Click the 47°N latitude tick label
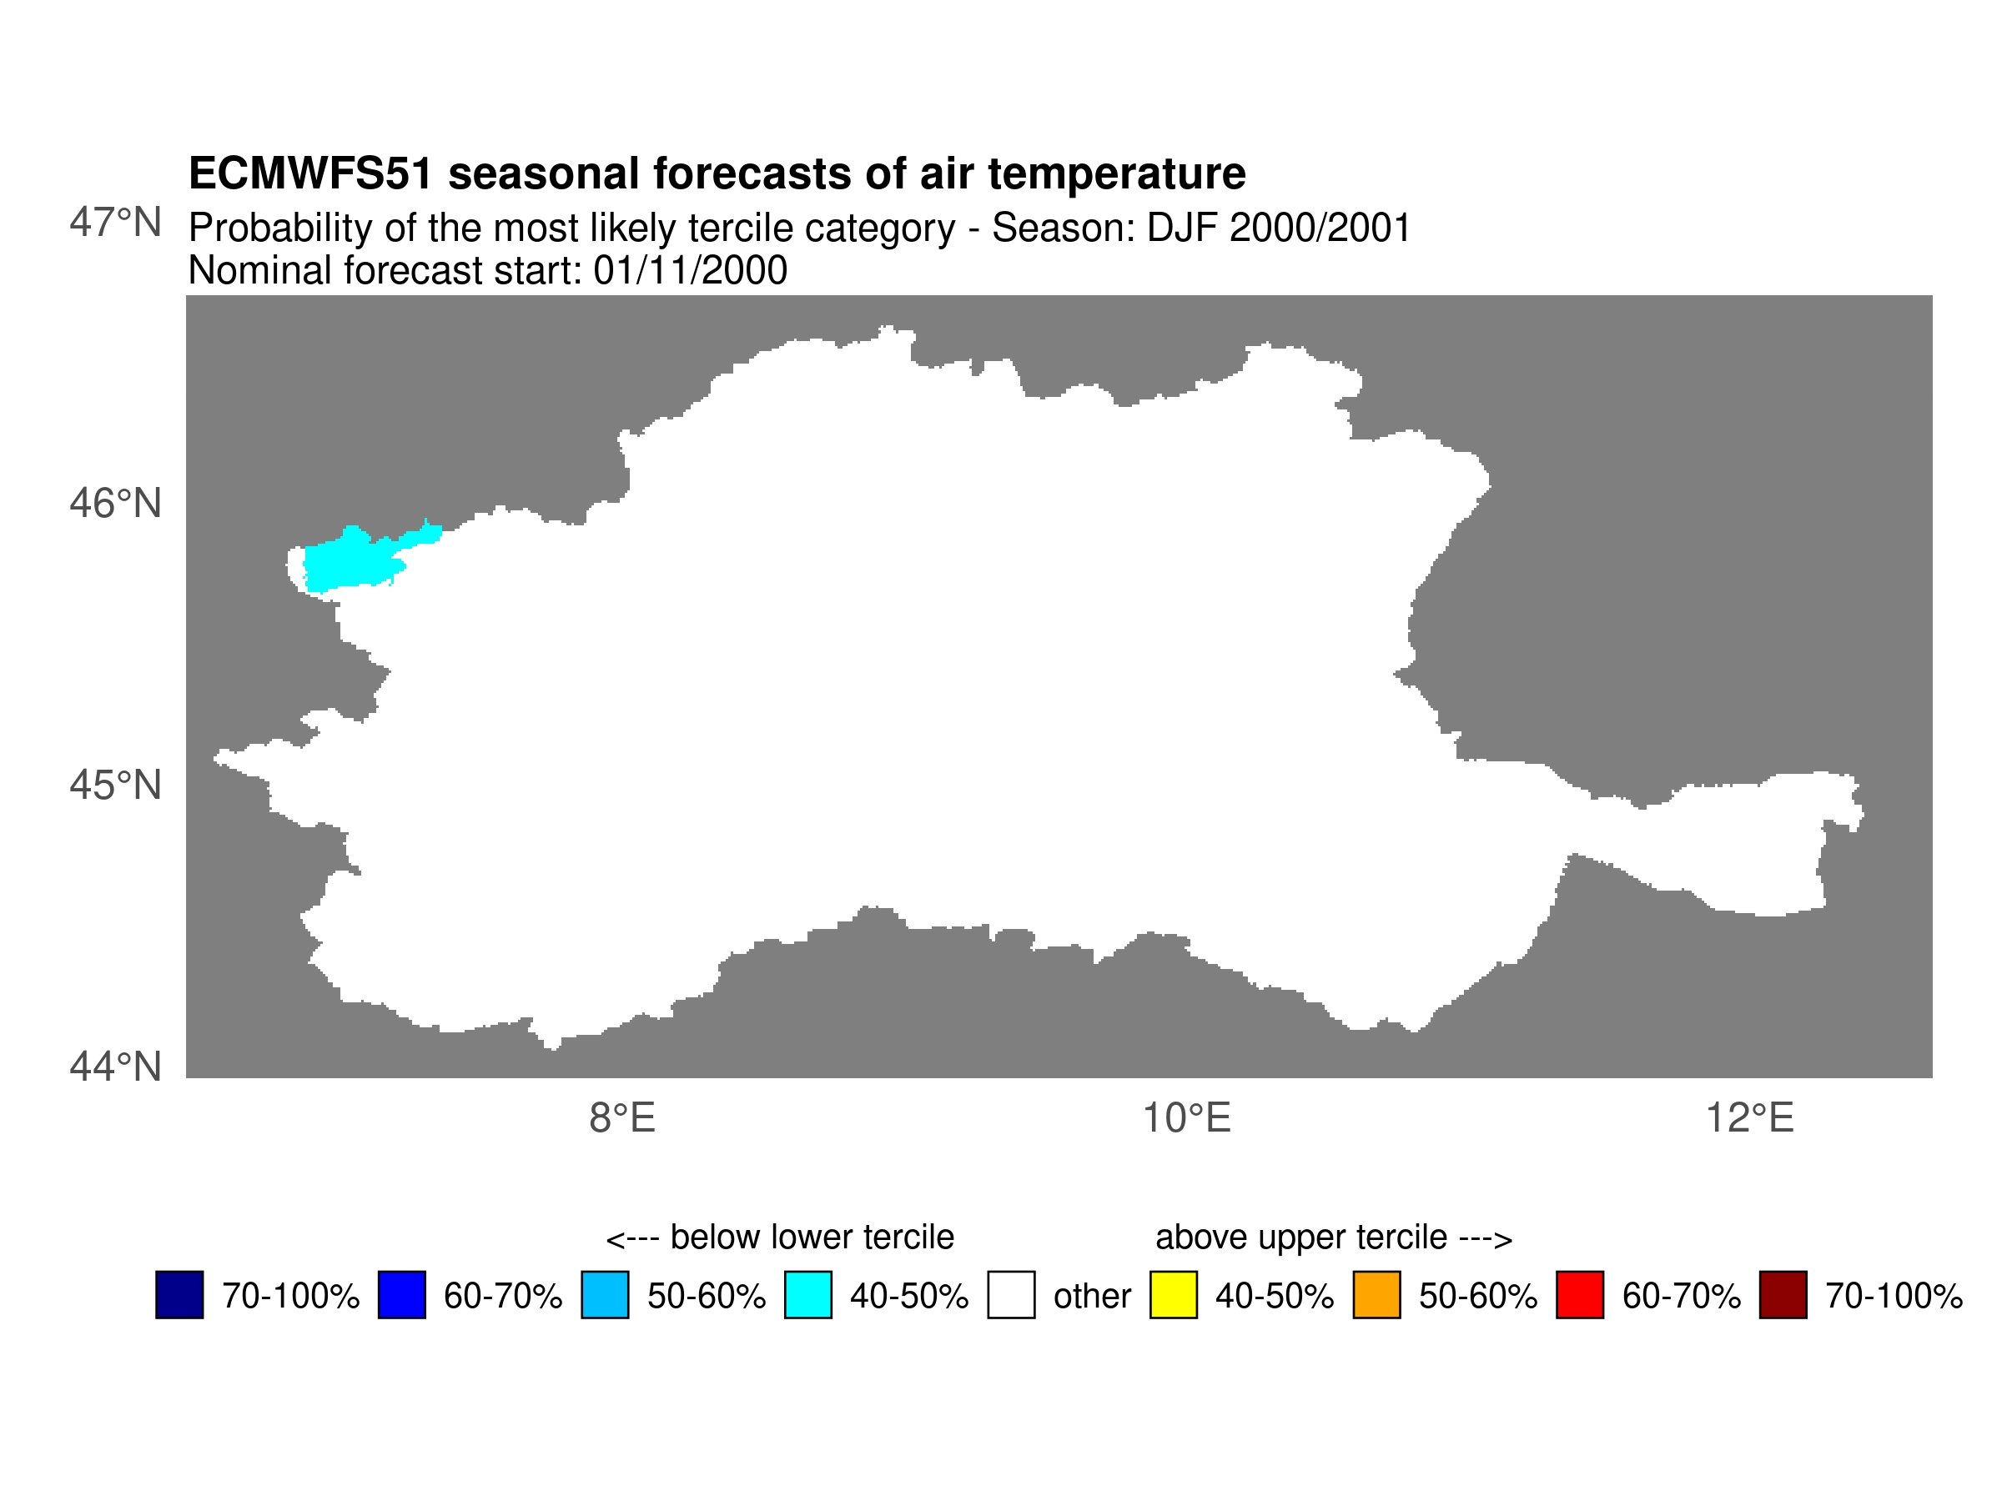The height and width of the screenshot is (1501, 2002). coord(115,223)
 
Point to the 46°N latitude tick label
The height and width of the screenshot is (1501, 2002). coord(115,504)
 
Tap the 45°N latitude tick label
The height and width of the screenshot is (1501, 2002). coord(115,786)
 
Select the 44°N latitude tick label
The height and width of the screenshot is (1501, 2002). coord(115,1067)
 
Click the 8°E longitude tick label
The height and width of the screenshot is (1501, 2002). coord(621,1119)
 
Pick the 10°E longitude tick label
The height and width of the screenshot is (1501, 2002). coord(1186,1119)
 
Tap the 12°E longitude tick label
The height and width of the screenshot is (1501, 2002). coord(1749,1119)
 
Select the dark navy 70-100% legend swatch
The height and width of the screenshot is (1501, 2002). coord(179,1295)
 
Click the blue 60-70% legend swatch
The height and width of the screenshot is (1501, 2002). coord(402,1295)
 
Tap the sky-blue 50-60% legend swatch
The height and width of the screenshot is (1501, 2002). coord(605,1295)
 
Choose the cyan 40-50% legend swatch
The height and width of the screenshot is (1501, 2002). coord(808,1295)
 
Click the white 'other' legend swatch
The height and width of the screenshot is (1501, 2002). coord(1011,1295)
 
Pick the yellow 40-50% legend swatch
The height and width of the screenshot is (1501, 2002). coord(1174,1295)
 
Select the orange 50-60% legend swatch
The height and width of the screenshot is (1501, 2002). coord(1376,1295)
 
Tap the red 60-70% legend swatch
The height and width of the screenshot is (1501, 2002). coord(1580,1295)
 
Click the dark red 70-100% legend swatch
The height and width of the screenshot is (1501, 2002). coord(1783,1295)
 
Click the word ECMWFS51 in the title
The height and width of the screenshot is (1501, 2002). coord(310,173)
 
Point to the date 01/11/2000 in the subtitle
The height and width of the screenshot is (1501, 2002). coord(690,270)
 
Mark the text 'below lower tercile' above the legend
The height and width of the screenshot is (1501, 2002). coord(812,1237)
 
